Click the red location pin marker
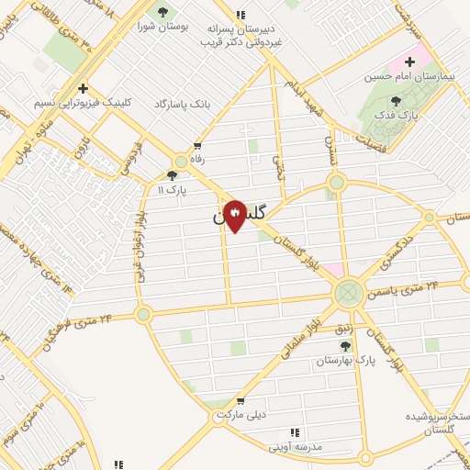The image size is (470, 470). click(235, 216)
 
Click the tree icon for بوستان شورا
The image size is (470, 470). click(162, 12)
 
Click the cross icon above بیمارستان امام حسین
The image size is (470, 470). click(409, 62)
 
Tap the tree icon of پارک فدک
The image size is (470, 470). click(396, 102)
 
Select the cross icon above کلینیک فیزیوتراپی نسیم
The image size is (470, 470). click(83, 88)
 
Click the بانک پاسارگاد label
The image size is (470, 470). click(183, 104)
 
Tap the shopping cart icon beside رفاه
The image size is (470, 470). click(197, 145)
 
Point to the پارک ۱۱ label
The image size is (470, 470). click(173, 189)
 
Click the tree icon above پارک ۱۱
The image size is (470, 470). click(172, 174)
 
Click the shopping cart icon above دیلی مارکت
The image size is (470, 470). click(240, 401)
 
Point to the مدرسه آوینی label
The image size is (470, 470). click(296, 447)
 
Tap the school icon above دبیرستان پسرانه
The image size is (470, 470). click(241, 15)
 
